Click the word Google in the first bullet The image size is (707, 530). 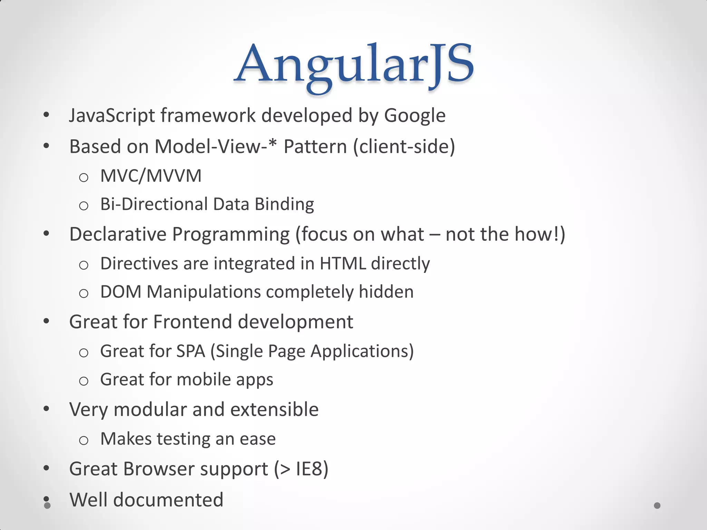[415, 116]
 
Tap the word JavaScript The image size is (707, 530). [112, 116]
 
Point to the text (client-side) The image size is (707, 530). [404, 147]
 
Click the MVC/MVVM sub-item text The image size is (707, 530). [151, 176]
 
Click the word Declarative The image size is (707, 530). [118, 234]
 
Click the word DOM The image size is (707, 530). [121, 292]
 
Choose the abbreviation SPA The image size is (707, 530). [191, 351]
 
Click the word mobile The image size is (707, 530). [204, 380]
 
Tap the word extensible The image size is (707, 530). [274, 410]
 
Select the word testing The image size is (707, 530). [184, 439]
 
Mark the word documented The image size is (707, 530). [168, 500]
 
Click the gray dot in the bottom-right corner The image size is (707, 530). [657, 506]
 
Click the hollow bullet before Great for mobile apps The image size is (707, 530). [84, 381]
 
